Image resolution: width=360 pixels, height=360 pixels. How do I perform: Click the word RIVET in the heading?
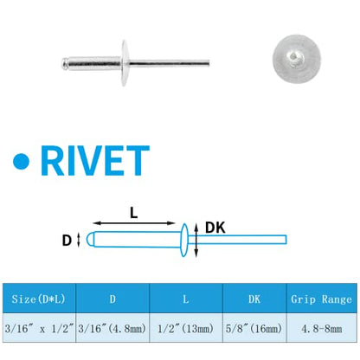click(95, 160)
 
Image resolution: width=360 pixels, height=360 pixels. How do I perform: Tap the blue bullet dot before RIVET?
click(22, 161)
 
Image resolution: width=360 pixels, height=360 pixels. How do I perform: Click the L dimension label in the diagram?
click(134, 213)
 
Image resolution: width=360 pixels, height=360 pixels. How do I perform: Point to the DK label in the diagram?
click(215, 228)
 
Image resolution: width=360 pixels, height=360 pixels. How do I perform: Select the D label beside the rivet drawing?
click(67, 241)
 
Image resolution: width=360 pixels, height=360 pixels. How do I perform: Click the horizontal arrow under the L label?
click(134, 223)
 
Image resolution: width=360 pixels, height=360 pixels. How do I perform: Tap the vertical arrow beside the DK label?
click(196, 241)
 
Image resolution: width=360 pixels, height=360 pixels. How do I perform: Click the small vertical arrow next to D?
click(78, 240)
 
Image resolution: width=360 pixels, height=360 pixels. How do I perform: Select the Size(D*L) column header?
click(38, 299)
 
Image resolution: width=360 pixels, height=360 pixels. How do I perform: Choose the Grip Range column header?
click(321, 299)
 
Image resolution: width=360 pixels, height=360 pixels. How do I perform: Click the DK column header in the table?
click(254, 299)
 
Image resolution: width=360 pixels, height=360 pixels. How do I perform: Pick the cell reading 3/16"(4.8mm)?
click(112, 328)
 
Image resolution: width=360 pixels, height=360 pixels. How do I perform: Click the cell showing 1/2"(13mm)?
click(185, 328)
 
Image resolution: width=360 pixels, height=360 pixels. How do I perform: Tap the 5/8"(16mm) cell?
click(254, 328)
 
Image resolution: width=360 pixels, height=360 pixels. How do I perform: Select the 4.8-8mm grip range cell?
click(322, 329)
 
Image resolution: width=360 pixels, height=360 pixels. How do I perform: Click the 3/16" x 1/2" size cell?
click(39, 328)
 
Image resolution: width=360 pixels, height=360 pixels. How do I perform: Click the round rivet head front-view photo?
click(297, 59)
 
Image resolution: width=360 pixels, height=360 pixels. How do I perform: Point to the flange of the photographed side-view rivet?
click(125, 63)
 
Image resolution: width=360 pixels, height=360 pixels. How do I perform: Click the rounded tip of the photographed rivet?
click(64, 63)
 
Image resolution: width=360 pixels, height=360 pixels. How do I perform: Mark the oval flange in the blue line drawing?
click(184, 240)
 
